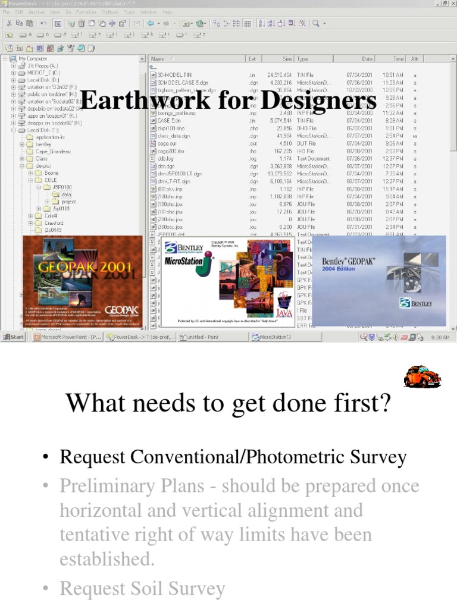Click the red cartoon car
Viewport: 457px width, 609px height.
pos(421,376)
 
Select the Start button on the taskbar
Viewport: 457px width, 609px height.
pos(13,337)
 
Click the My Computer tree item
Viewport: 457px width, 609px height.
pos(32,59)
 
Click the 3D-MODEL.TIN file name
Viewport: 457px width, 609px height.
pos(173,75)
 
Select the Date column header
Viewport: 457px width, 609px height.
pos(367,59)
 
